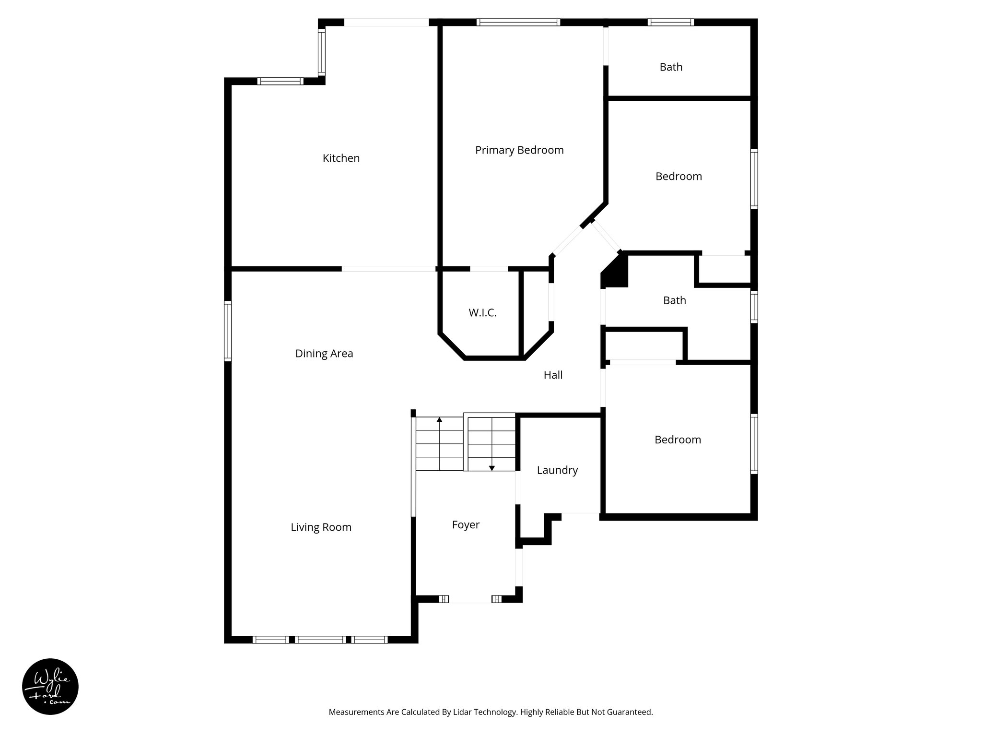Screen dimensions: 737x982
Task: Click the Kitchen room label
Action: (341, 158)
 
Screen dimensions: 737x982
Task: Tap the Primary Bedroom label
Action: (519, 150)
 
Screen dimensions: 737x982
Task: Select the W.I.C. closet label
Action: (482, 313)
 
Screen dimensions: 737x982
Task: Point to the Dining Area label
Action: (324, 354)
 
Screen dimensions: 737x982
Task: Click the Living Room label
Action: (321, 527)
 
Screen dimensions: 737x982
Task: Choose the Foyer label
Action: (466, 525)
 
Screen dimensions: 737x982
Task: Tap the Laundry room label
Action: (557, 470)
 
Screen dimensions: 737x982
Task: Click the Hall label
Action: (553, 375)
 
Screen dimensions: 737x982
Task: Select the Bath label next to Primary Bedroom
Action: (671, 67)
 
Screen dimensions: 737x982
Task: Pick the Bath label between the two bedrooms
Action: (674, 300)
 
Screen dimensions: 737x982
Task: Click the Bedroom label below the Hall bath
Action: (678, 440)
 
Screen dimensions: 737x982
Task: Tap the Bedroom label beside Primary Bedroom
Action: (678, 176)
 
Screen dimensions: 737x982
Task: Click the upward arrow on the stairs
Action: (439, 420)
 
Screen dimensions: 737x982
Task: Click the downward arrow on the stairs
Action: (491, 467)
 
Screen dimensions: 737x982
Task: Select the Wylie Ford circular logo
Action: (50, 687)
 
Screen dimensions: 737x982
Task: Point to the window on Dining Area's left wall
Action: (228, 331)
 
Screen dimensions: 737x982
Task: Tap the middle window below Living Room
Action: (320, 640)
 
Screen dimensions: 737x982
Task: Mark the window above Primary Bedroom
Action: (518, 22)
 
